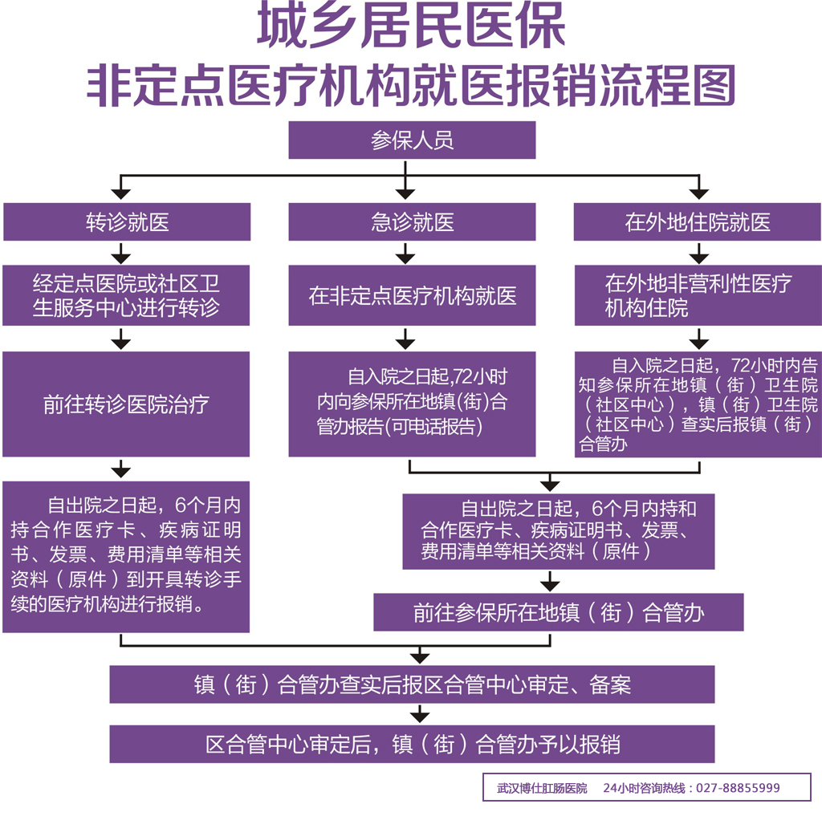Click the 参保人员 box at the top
[x=412, y=140]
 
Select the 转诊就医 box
[x=127, y=222]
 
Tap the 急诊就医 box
[x=412, y=222]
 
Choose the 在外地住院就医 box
[x=697, y=222]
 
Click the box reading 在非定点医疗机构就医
[x=412, y=296]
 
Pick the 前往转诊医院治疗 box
[x=127, y=404]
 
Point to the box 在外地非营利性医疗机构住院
[x=697, y=296]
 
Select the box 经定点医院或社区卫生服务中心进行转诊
[x=127, y=296]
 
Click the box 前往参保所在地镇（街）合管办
[x=559, y=613]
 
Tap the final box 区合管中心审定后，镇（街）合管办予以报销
[x=412, y=744]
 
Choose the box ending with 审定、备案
[x=412, y=684]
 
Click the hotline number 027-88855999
[x=737, y=788]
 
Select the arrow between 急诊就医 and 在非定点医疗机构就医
[x=406, y=254]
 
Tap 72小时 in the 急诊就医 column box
[x=480, y=377]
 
